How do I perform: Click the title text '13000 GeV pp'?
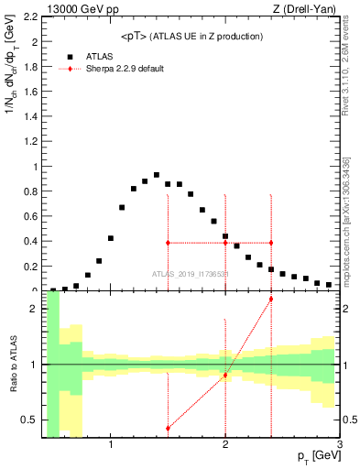click(70, 8)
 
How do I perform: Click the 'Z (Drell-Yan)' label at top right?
click(306, 8)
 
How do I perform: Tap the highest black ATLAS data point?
click(157, 175)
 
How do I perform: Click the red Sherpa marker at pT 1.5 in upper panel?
click(168, 243)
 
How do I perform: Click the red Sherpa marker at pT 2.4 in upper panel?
click(271, 243)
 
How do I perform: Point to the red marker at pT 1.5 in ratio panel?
click(168, 428)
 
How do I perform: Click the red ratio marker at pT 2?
click(225, 375)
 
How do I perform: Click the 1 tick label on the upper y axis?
click(34, 167)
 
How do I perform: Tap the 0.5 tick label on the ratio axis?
click(28, 420)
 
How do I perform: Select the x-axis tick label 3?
click(339, 445)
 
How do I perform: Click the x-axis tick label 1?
click(111, 445)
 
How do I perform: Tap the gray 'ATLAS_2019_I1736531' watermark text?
click(191, 274)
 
